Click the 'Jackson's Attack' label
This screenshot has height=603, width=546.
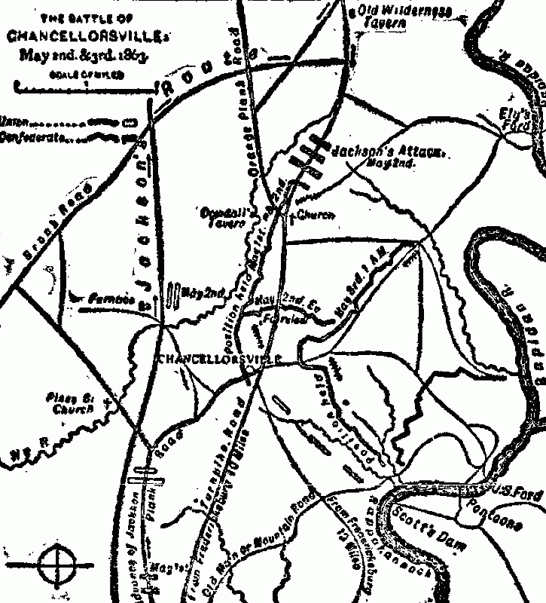[384, 151]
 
